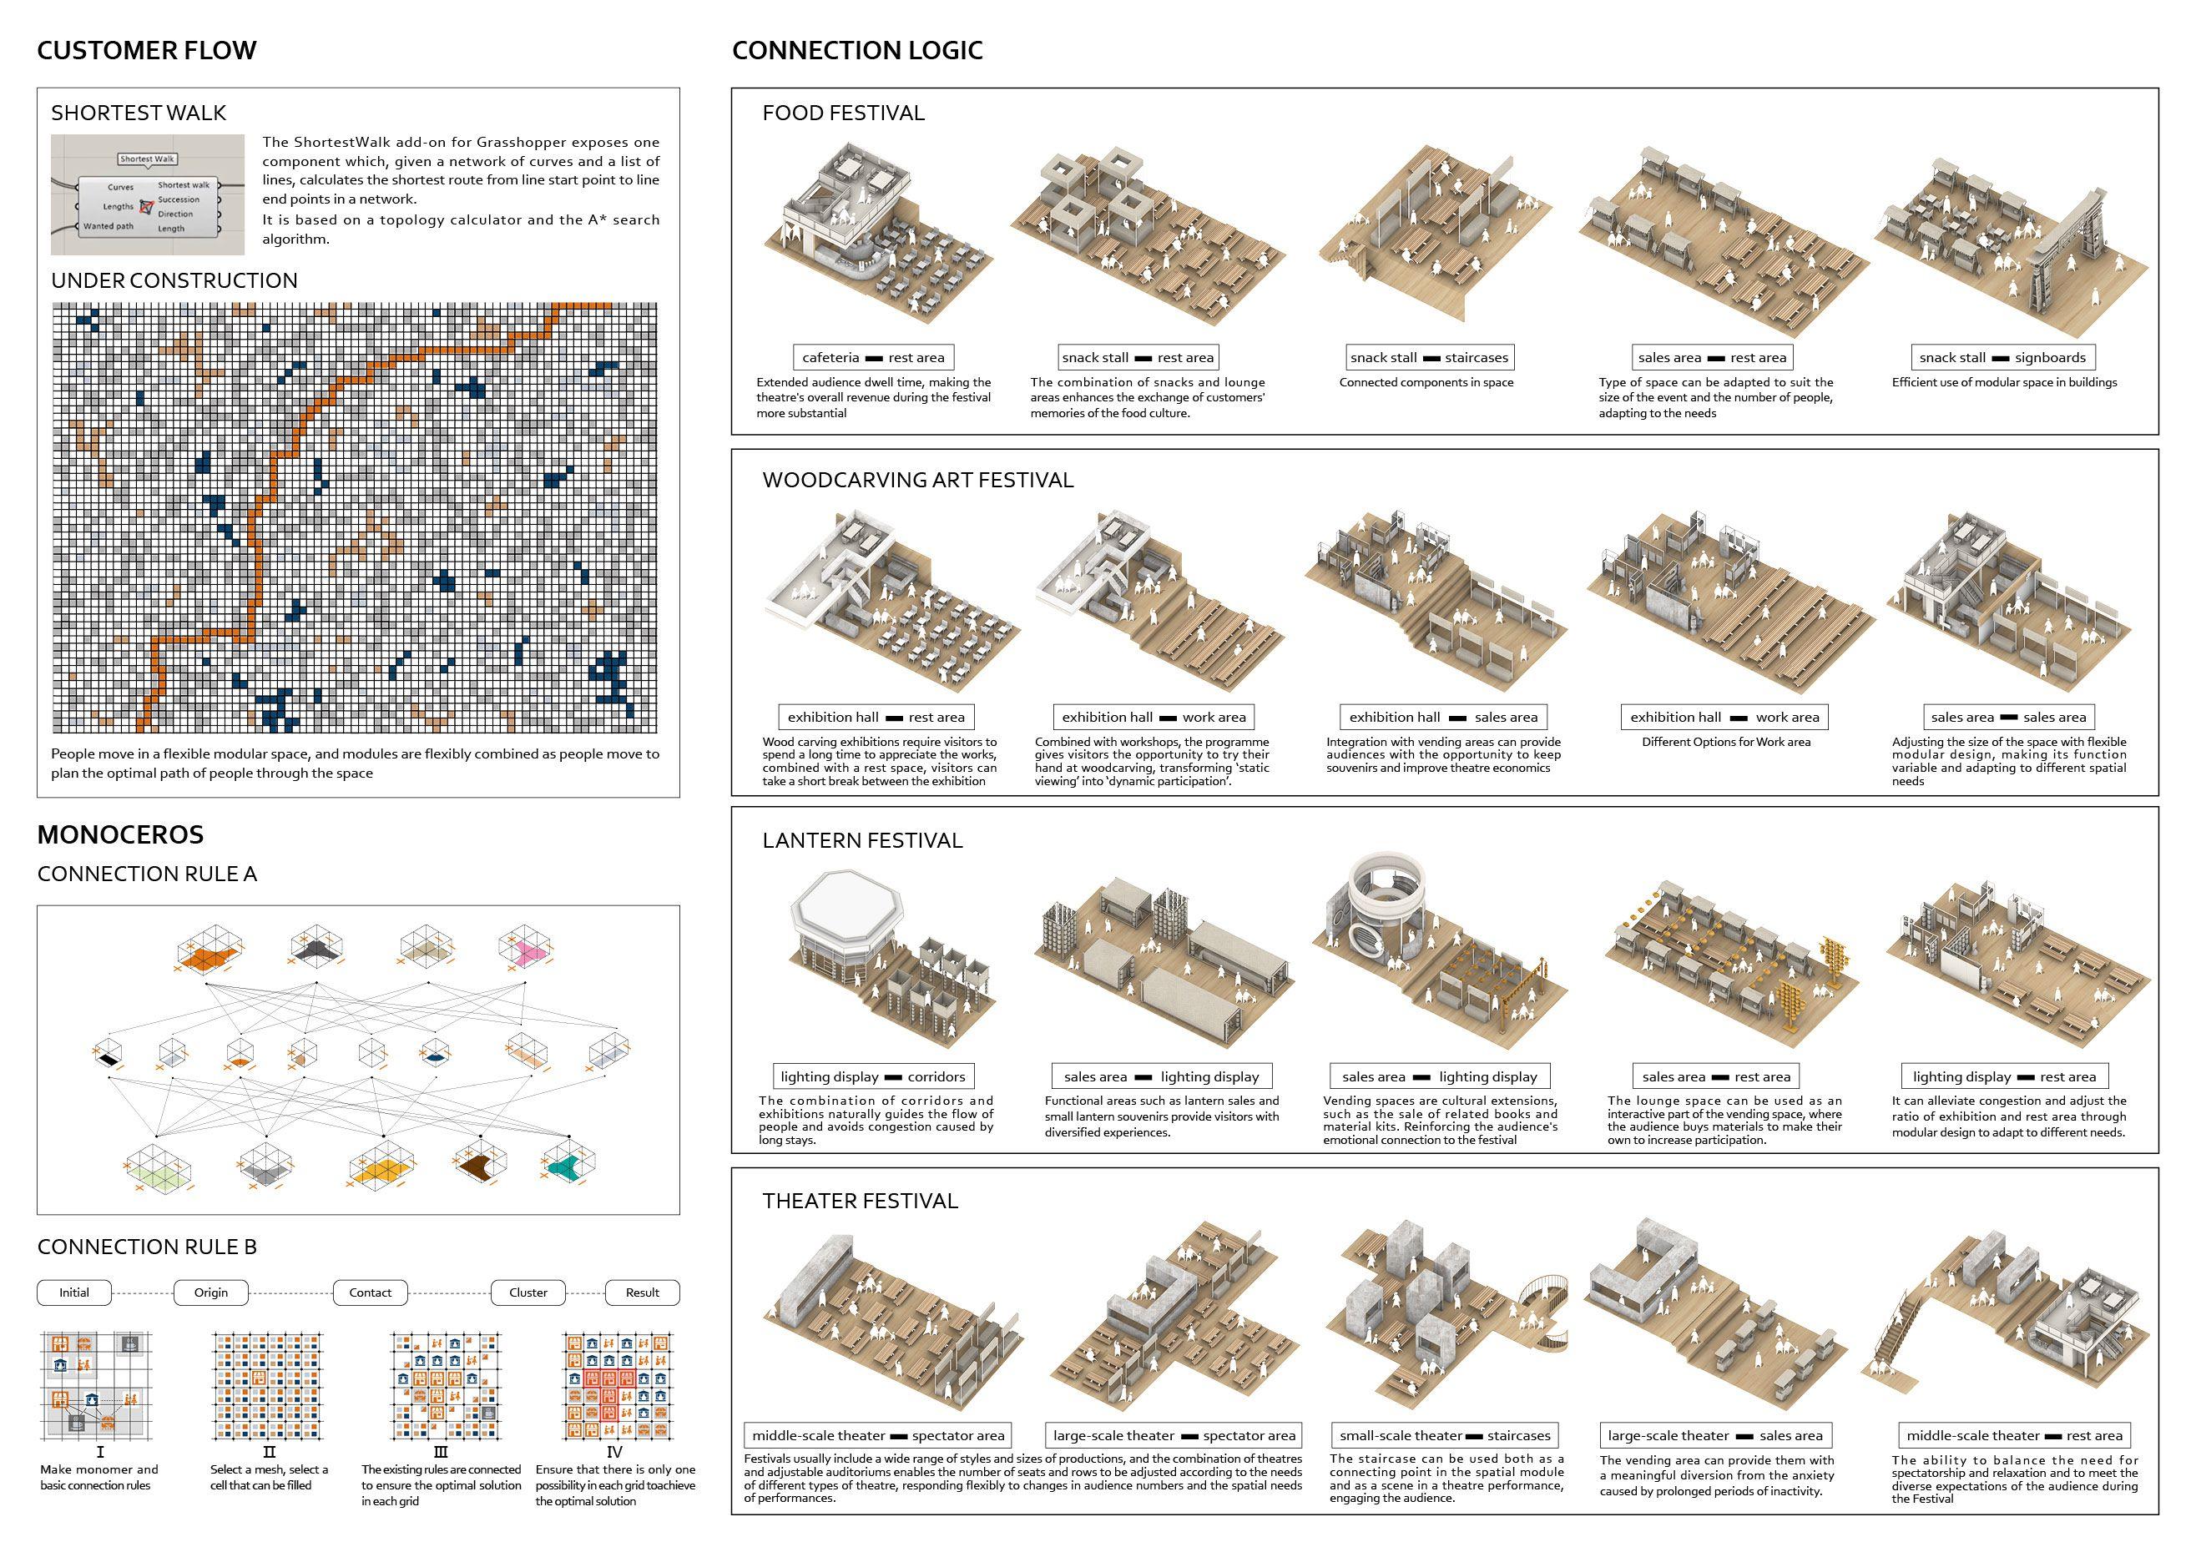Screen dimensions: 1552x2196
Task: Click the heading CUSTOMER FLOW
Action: click(x=146, y=51)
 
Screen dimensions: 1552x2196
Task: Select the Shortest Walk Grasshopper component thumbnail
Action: click(x=147, y=195)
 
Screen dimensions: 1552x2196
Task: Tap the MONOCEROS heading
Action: click(x=119, y=834)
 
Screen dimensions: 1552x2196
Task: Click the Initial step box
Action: click(x=73, y=1292)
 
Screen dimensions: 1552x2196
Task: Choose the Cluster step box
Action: click(x=528, y=1292)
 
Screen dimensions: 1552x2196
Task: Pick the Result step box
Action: click(x=643, y=1292)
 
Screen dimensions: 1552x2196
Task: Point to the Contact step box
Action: click(x=370, y=1292)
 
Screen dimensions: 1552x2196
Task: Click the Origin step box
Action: click(x=210, y=1292)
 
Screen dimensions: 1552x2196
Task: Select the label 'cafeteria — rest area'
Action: click(x=873, y=358)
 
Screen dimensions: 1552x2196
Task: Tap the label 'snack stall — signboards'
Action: click(x=2003, y=358)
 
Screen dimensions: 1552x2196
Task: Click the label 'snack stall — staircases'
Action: click(x=1429, y=358)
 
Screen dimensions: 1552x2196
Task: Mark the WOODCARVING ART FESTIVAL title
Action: click(x=917, y=480)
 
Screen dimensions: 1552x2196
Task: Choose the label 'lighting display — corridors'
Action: click(x=874, y=1076)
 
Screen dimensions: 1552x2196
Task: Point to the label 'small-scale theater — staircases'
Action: click(x=1443, y=1435)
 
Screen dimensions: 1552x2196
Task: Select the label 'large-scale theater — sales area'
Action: click(x=1715, y=1435)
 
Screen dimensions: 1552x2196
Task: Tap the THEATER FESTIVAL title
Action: click(x=859, y=1201)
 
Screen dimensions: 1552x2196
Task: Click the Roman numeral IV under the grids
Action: click(x=615, y=1452)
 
